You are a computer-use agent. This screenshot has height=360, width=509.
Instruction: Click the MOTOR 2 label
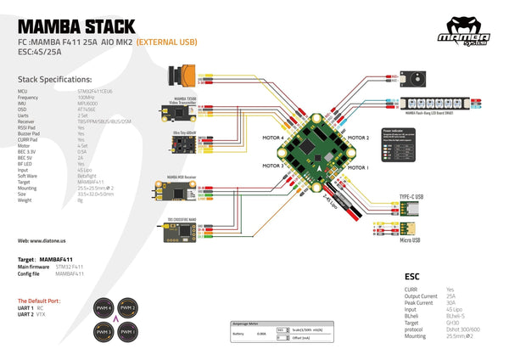pos(358,137)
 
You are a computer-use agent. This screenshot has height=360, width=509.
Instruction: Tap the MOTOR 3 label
pos(272,166)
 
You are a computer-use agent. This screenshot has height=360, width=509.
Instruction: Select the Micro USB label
pos(410,240)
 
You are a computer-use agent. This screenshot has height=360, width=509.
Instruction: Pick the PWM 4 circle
pos(103,307)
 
